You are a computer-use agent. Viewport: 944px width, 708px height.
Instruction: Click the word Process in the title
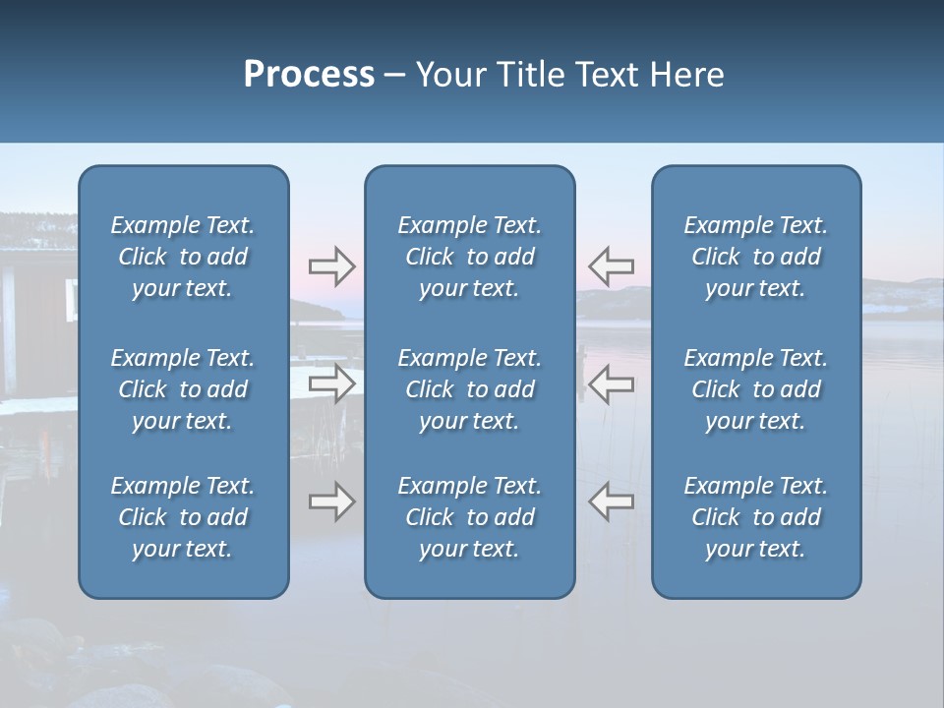tap(309, 75)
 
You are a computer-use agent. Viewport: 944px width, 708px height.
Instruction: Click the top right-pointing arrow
tap(331, 265)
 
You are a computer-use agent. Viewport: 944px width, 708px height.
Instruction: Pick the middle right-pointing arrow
tap(331, 383)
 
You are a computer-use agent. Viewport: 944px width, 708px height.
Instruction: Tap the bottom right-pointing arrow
tap(331, 501)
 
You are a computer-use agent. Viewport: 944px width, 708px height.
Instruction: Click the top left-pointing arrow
tap(611, 265)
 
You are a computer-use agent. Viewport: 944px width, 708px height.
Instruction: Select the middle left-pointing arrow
tap(611, 383)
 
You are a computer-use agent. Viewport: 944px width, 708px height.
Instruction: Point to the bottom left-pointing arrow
tap(611, 501)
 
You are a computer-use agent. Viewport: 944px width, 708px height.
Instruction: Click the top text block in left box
tap(183, 257)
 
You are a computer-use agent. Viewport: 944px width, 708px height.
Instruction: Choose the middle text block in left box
tap(183, 389)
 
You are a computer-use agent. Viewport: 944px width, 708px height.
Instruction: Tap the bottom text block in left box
tap(183, 517)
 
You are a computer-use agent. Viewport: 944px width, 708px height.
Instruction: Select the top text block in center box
tap(469, 257)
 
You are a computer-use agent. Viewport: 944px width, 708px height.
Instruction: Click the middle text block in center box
tap(469, 389)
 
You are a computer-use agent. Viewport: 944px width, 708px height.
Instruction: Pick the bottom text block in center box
tap(469, 517)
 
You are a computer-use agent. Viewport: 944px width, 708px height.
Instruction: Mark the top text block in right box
tap(755, 257)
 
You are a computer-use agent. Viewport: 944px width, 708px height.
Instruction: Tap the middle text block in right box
tap(755, 389)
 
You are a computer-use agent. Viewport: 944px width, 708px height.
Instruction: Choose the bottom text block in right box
tap(755, 517)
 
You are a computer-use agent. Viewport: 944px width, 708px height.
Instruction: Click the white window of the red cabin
tap(72, 298)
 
